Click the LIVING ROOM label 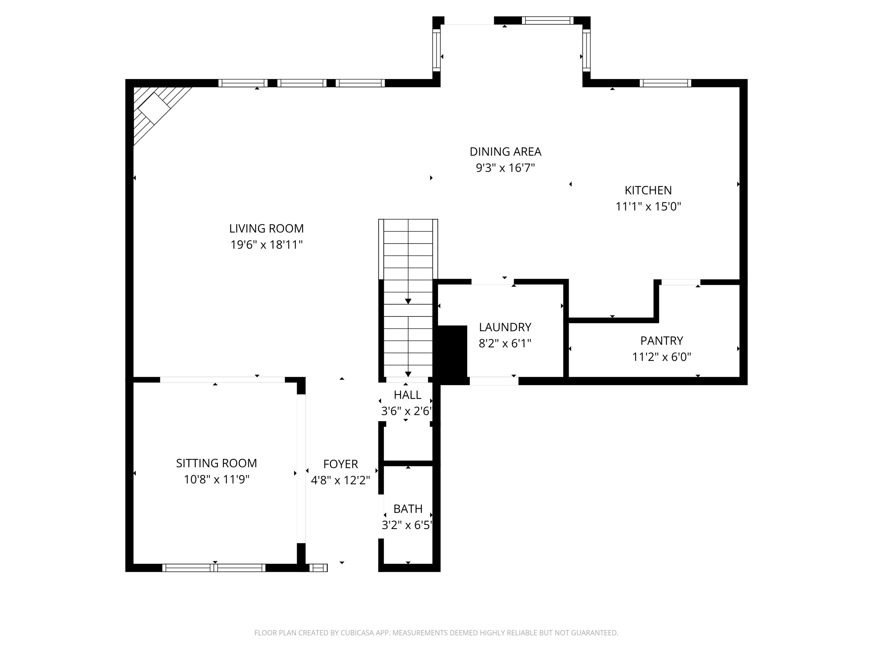[266, 229]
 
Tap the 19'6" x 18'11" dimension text [266, 245]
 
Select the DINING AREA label [505, 152]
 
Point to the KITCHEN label [648, 190]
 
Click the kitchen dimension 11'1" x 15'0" [648, 206]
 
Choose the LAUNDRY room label [505, 327]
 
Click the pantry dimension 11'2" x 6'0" [662, 357]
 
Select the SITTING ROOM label [216, 463]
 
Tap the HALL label [407, 395]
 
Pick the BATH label [408, 509]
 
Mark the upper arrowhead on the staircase [408, 301]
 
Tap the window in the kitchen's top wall [665, 83]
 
